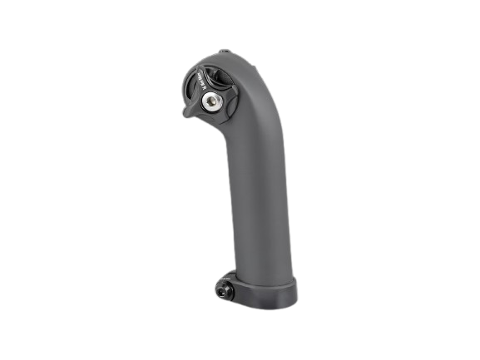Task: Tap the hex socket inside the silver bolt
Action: pos(210,101)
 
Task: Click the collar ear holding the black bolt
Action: pos(230,287)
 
